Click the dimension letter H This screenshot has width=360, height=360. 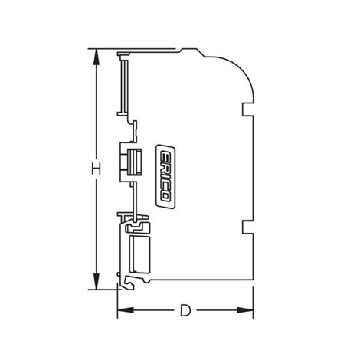[97, 169]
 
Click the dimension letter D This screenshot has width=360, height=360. [185, 310]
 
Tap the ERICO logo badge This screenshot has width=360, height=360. [165, 177]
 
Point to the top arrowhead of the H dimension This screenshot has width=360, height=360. [97, 57]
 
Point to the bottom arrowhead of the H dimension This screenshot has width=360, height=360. [97, 281]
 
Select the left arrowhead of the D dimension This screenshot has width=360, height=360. [126, 310]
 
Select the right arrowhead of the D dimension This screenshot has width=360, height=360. [245, 310]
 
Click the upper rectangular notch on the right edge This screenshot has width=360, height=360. [247, 110]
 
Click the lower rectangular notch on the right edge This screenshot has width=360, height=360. [247, 227]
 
